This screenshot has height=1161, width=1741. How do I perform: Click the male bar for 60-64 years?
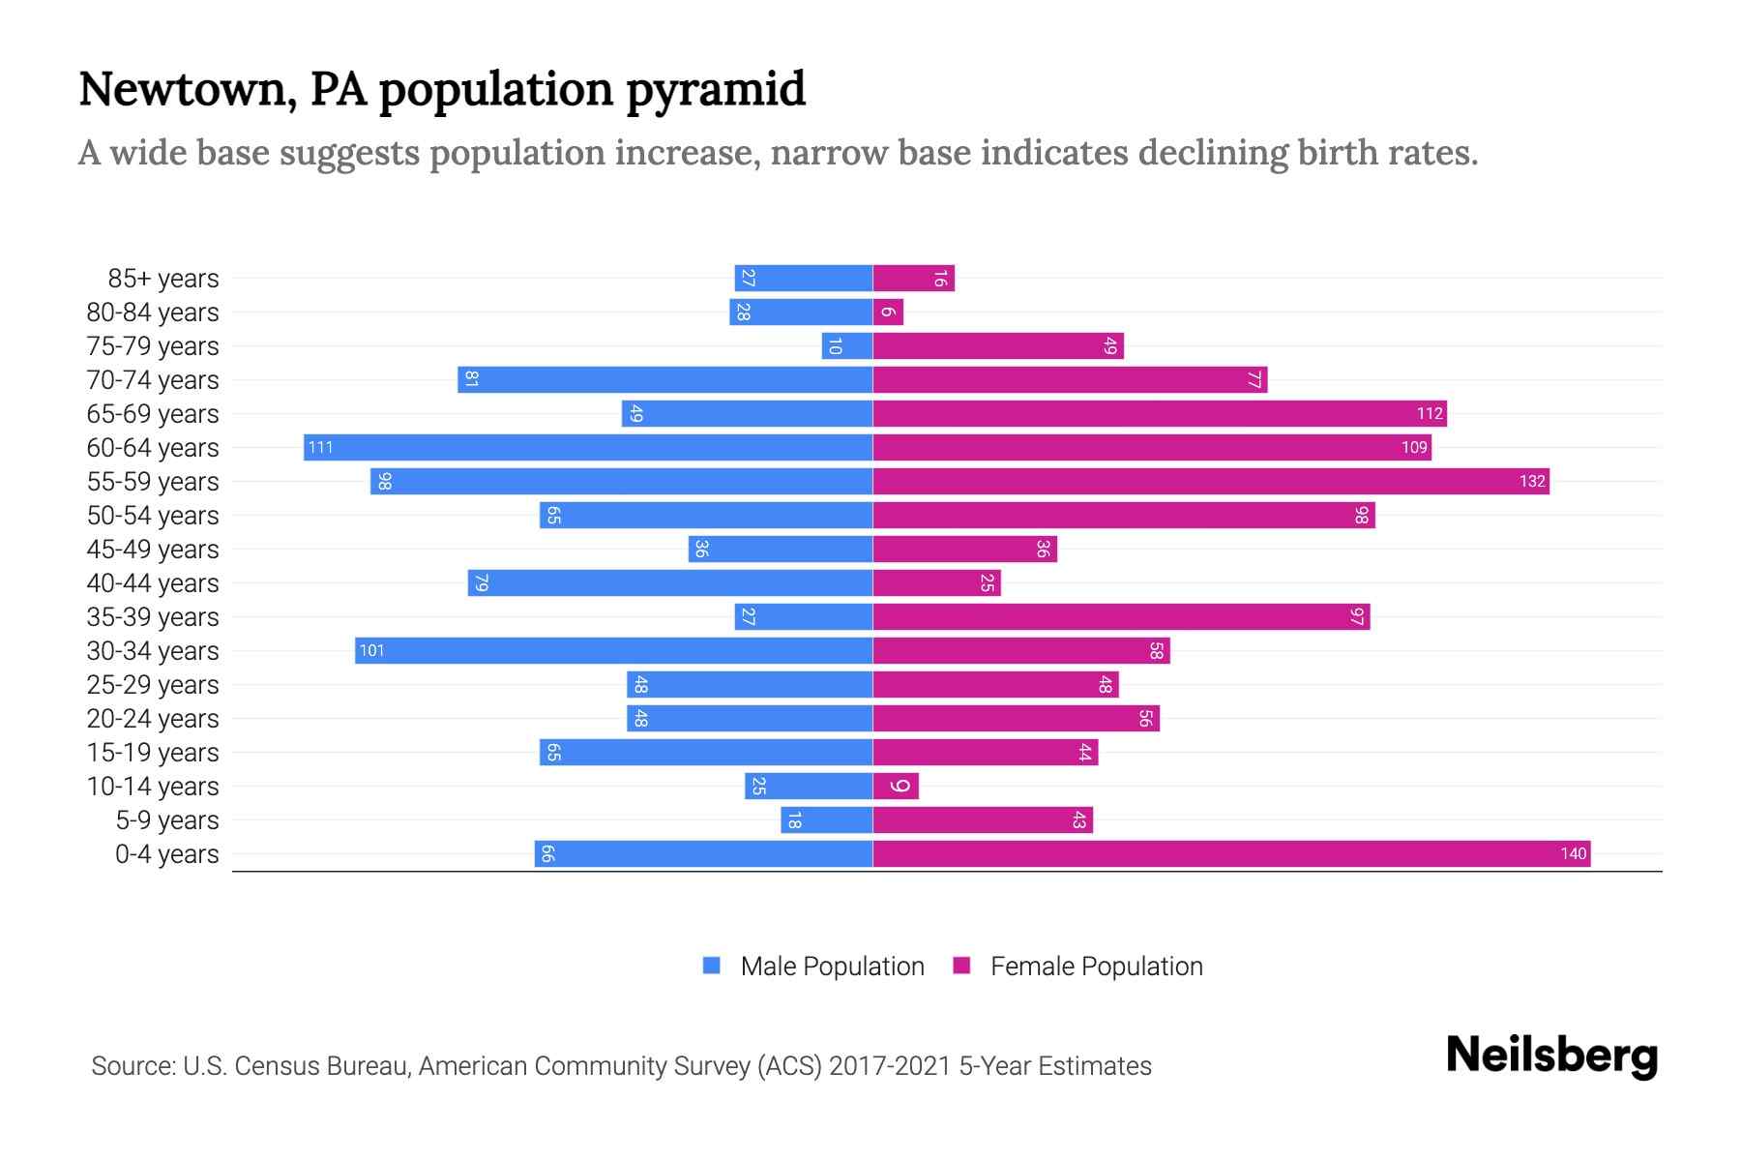pyautogui.click(x=588, y=447)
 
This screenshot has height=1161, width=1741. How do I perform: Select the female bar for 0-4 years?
pyautogui.click(x=1231, y=853)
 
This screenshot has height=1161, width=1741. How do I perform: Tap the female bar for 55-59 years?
pyautogui.click(x=1211, y=481)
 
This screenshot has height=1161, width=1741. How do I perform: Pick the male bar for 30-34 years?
pyautogui.click(x=613, y=650)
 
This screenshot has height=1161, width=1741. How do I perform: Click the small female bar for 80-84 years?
pyautogui.click(x=888, y=312)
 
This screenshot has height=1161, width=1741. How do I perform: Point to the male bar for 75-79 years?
pyautogui.click(x=847, y=345)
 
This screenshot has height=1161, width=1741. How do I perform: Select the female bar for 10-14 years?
pyautogui.click(x=896, y=786)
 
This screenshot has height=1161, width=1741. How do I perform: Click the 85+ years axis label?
pyautogui.click(x=162, y=279)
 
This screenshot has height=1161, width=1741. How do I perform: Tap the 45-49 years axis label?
pyautogui.click(x=153, y=550)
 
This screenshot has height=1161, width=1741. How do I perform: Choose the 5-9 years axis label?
pyautogui.click(x=167, y=820)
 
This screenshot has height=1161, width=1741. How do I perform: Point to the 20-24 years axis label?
pyautogui.click(x=153, y=719)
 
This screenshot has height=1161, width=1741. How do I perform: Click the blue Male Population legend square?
pyautogui.click(x=712, y=966)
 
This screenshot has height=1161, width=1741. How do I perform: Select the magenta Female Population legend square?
pyautogui.click(x=961, y=966)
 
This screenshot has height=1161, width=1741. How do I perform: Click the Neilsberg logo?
pyautogui.click(x=1551, y=1056)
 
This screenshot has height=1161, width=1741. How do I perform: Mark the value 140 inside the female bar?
pyautogui.click(x=1573, y=853)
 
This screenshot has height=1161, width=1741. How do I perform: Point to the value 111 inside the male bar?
pyautogui.click(x=320, y=447)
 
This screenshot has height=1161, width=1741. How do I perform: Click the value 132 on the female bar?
pyautogui.click(x=1532, y=481)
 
